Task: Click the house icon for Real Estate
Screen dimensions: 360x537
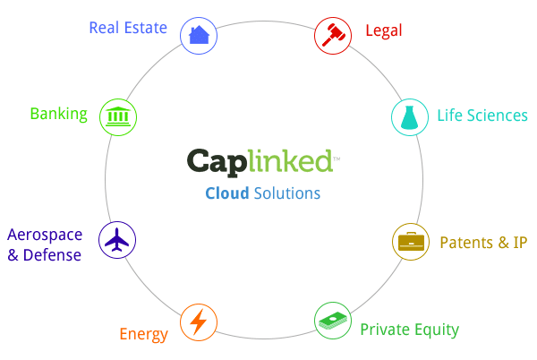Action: coord(199,35)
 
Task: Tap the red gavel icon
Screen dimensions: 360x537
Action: coord(332,35)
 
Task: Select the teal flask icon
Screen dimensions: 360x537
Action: coord(409,116)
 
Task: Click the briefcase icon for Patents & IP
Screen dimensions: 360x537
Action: coord(412,241)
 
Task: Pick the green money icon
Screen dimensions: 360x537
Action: coord(332,321)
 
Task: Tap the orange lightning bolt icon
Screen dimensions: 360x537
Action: coord(198,321)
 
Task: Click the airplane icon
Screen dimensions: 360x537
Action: coord(117,240)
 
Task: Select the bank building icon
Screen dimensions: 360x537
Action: coord(117,116)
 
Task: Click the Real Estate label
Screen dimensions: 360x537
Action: coord(127,28)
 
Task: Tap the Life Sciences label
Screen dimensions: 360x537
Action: coord(482,116)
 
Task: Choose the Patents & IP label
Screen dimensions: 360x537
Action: coord(483,243)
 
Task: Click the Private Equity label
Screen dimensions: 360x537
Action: coord(409,330)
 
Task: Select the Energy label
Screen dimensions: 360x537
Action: coord(143,335)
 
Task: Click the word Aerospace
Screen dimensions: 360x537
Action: coord(45,236)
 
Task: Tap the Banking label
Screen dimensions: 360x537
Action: coord(58,114)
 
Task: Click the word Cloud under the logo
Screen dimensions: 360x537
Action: coord(227,193)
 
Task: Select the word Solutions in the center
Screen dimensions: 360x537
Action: coord(286,193)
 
